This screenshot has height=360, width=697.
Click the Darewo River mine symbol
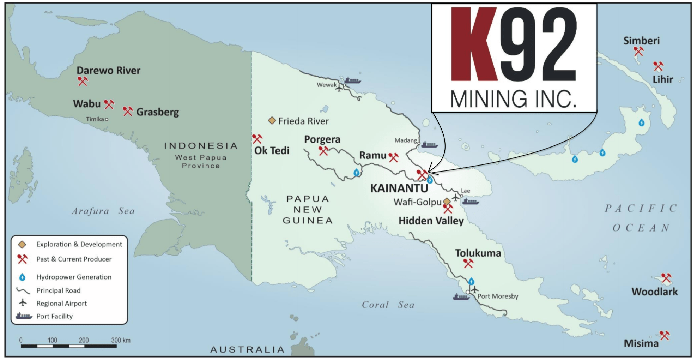point(83,82)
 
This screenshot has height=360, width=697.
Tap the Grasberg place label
point(157,112)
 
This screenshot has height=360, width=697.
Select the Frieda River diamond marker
point(272,121)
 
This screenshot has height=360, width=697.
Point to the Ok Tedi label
point(272,151)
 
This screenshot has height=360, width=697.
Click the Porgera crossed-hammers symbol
point(323,151)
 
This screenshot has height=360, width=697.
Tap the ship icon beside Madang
point(429,145)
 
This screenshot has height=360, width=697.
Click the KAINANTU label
point(399,188)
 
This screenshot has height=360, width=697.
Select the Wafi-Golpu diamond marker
point(447,201)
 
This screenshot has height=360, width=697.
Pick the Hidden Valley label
point(431,221)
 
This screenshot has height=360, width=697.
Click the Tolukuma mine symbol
point(468,263)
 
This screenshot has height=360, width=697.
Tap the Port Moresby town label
point(498,296)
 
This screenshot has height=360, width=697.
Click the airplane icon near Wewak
point(339,88)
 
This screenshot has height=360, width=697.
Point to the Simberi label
point(641,41)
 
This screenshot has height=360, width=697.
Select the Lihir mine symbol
point(658,66)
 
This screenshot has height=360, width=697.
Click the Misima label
point(641,343)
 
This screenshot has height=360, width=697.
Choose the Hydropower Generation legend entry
point(74,277)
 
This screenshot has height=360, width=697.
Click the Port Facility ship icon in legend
point(24,316)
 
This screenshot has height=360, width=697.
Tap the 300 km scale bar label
point(121,340)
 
